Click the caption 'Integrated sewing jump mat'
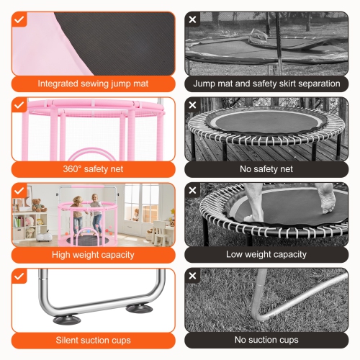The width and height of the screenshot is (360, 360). tap(93, 84)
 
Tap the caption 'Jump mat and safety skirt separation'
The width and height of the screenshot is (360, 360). tap(266, 84)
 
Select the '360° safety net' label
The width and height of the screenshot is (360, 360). tap(93, 169)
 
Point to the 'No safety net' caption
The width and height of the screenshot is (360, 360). tap(266, 169)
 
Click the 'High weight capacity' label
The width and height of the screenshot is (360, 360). tap(93, 254)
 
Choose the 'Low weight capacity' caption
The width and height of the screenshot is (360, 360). tap(266, 254)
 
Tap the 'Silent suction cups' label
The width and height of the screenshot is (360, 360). tap(93, 339)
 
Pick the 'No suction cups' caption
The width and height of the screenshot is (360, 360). tap(266, 339)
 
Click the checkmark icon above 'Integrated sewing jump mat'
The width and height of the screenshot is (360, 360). tap(19, 19)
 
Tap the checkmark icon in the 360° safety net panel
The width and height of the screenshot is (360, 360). tap(19, 106)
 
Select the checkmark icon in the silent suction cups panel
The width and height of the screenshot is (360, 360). tap(19, 276)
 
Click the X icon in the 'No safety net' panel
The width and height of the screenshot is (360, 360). tap(192, 106)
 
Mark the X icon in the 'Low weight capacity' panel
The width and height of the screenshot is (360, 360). tap(192, 191)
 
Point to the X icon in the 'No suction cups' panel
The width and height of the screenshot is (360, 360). tap(192, 276)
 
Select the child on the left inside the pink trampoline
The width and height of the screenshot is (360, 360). tap(76, 213)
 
